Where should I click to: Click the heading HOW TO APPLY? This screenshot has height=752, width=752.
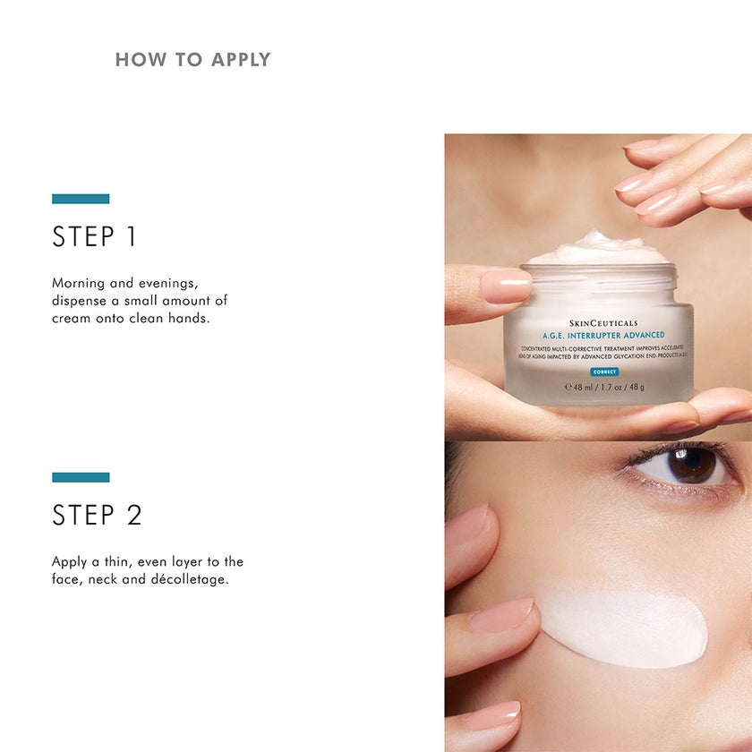192,60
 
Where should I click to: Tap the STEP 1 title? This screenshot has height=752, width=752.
95,237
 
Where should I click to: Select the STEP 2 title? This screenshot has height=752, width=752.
97,516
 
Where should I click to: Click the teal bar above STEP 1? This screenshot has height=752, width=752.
81,199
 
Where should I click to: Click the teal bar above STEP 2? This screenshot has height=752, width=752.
81,477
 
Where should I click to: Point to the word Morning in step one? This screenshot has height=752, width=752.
79,283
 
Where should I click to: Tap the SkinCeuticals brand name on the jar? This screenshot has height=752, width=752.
603,322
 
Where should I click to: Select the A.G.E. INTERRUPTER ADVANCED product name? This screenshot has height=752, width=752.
602,335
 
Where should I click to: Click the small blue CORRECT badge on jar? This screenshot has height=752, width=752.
604,372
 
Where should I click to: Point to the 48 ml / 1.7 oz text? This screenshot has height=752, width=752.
604,387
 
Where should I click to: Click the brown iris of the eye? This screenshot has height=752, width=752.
690,465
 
